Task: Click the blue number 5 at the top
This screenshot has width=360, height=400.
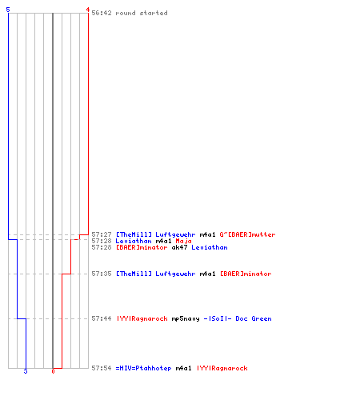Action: [8, 10]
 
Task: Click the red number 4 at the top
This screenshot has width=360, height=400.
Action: [87, 10]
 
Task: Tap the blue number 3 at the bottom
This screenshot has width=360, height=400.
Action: [26, 371]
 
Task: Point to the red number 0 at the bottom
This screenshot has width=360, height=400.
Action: [53, 371]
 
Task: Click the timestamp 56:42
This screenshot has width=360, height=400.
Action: [102, 13]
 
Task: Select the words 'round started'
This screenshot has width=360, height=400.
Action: [142, 13]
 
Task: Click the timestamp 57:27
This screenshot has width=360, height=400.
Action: [102, 234]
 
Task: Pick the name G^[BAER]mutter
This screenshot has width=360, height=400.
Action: [247, 234]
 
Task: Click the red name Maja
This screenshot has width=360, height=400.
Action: [183, 241]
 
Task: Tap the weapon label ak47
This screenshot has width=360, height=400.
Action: [179, 247]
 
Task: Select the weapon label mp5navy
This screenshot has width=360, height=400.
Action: [186, 318]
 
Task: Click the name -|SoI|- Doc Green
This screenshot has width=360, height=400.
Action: [238, 318]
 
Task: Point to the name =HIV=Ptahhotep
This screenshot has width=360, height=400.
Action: [143, 368]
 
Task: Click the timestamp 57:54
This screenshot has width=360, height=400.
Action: [102, 368]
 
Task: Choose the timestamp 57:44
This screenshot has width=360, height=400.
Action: [102, 318]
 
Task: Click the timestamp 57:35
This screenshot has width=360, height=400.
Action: [102, 274]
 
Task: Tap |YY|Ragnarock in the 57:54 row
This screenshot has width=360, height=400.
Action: [222, 368]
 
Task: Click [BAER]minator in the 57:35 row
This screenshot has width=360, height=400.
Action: [246, 274]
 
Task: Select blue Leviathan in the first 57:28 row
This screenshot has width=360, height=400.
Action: [134, 241]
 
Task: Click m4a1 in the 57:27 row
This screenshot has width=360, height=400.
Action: [207, 234]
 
